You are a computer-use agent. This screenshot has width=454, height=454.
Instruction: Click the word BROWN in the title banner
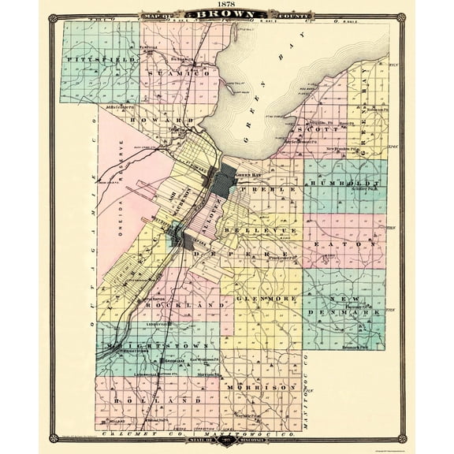coord(227,15)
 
